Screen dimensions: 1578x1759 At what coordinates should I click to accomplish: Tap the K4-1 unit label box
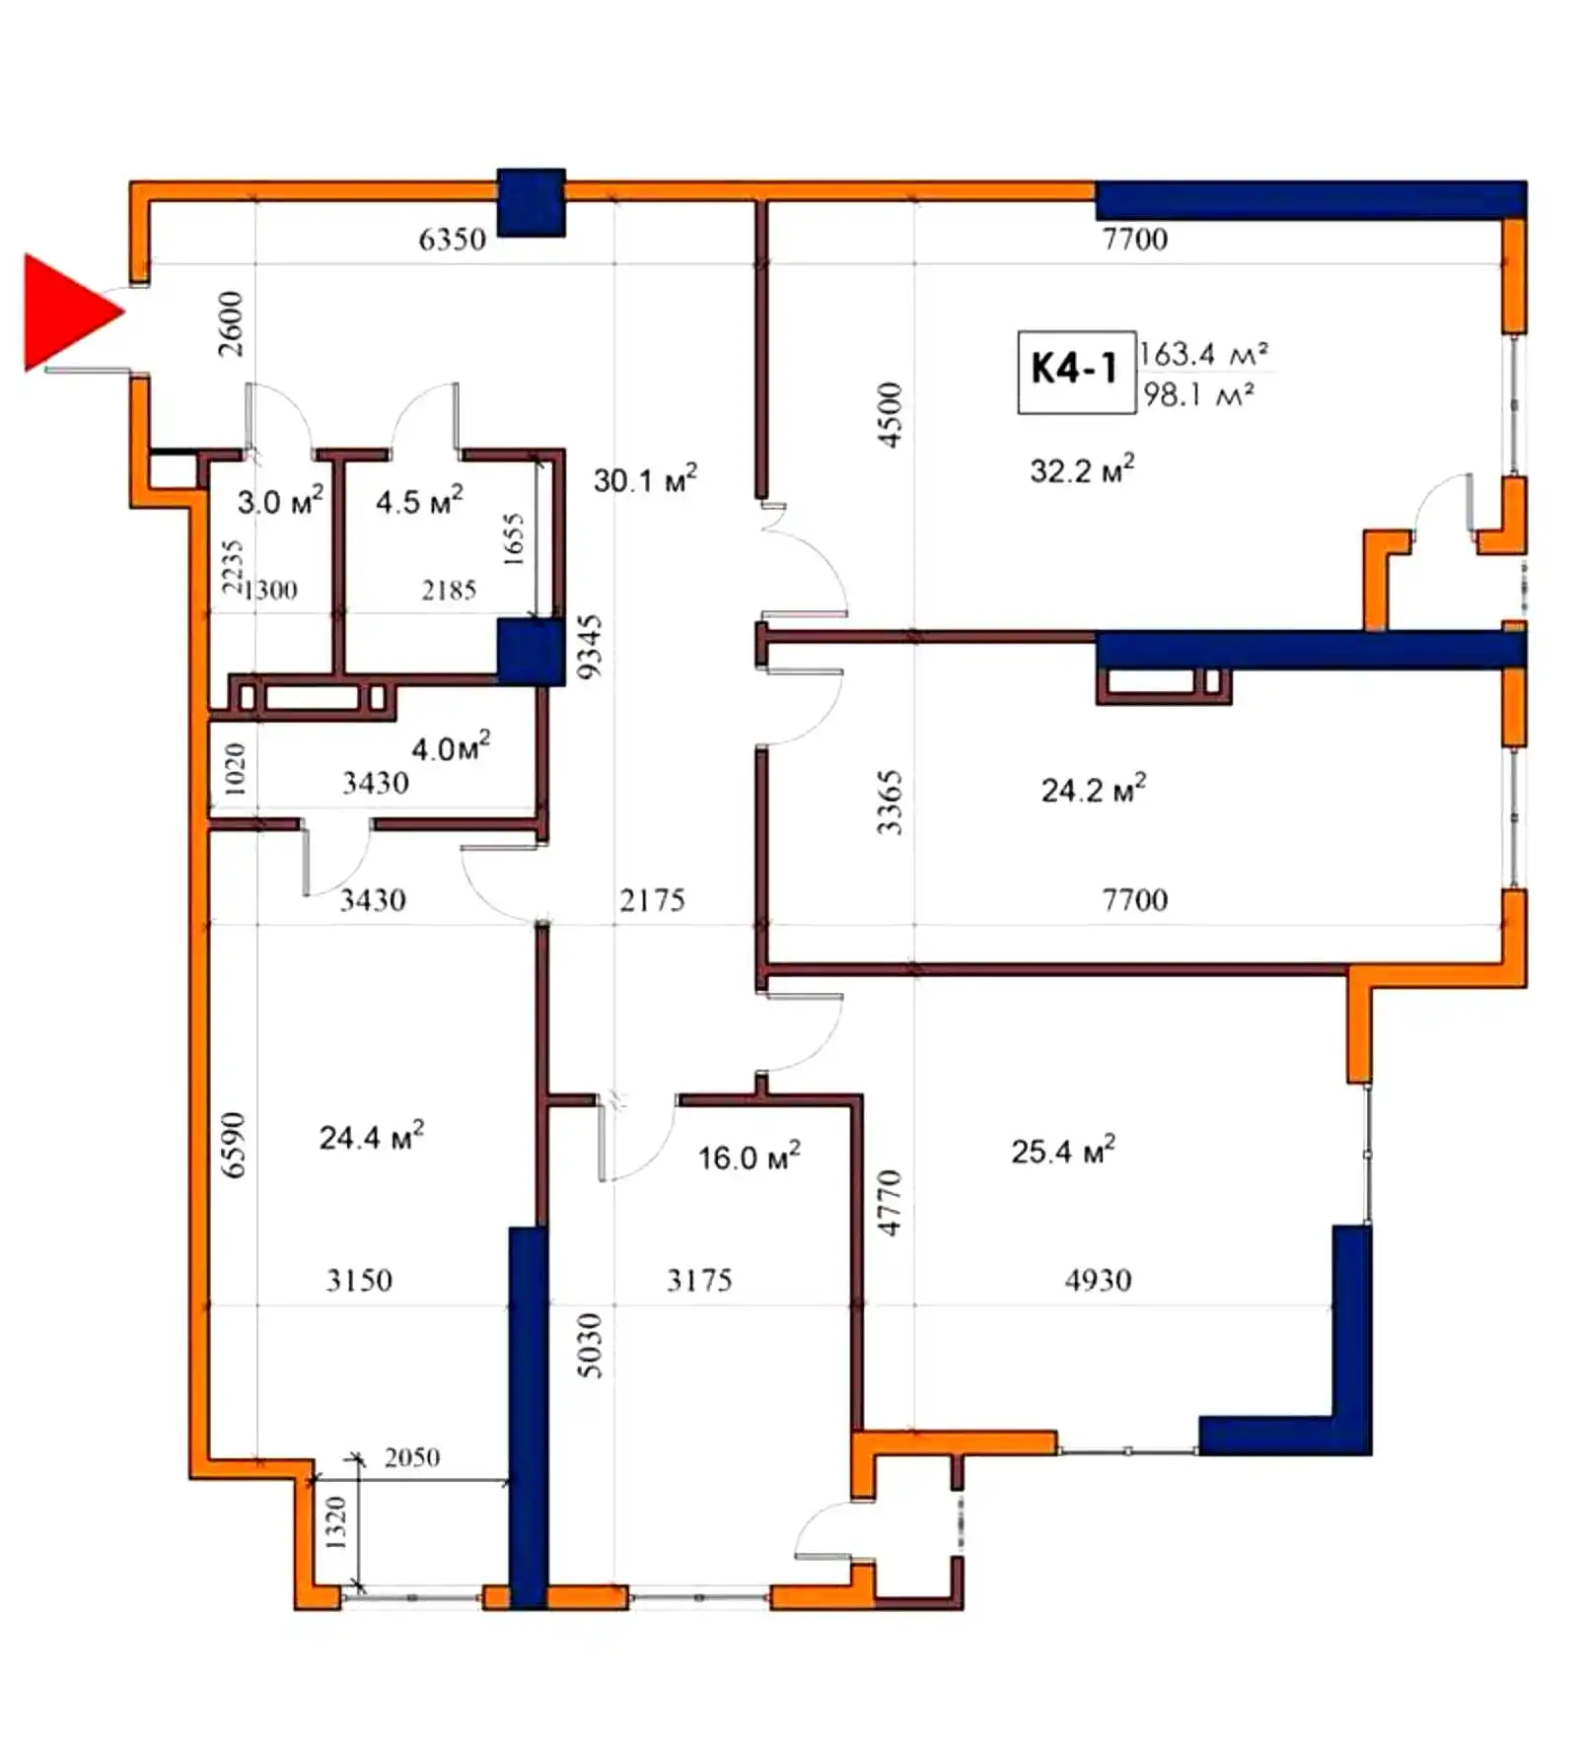(1075, 371)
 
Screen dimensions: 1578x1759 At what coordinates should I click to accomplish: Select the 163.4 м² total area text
(1203, 353)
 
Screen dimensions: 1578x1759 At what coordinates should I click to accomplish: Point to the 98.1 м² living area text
(1198, 394)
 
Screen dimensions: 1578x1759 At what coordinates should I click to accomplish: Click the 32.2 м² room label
(1082, 469)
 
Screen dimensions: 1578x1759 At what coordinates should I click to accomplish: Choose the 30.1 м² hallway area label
(645, 479)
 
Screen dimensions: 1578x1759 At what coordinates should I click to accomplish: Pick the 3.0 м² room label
(280, 501)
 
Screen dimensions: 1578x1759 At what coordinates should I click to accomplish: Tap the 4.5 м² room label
(419, 501)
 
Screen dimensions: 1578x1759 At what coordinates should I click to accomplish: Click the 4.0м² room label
(451, 747)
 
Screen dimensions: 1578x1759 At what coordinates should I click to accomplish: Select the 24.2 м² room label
(1094, 789)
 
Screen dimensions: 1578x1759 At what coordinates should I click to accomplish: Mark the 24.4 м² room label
(371, 1136)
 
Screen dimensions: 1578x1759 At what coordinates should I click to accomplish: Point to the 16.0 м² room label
(750, 1156)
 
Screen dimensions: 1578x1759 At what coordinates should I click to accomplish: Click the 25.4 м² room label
(1063, 1151)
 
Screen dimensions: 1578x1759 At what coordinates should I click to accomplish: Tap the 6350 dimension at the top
(453, 239)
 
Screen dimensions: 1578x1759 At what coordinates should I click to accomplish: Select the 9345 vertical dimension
(589, 647)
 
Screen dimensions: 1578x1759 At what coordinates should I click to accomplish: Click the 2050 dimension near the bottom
(412, 1457)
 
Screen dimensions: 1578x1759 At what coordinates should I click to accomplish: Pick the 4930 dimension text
(1099, 1280)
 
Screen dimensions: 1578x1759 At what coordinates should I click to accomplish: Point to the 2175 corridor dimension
(653, 899)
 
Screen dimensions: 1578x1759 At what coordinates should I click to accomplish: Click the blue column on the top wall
(531, 203)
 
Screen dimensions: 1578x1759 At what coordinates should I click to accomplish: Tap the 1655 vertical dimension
(514, 538)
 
